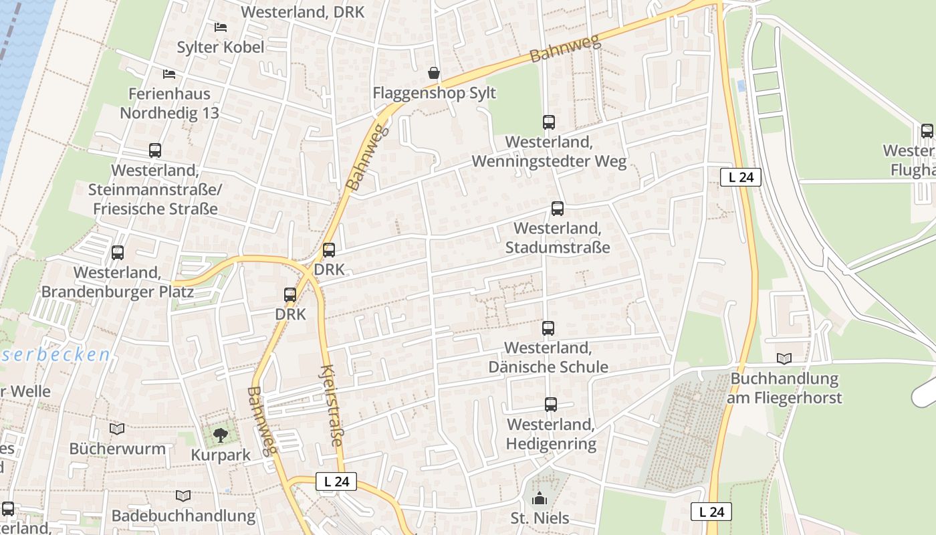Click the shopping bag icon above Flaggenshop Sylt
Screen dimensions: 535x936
click(x=434, y=72)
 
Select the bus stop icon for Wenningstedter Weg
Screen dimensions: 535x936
click(x=549, y=122)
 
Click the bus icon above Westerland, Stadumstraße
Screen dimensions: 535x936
click(x=557, y=209)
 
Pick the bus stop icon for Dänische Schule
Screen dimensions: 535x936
click(x=548, y=328)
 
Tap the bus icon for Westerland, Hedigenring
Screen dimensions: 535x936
click(x=550, y=405)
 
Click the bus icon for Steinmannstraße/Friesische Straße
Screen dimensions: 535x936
click(x=155, y=150)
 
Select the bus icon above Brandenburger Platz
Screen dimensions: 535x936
click(x=118, y=253)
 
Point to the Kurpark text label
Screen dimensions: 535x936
click(x=221, y=455)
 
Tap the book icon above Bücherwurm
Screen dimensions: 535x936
click(x=117, y=429)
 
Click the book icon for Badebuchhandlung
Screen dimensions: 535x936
click(x=183, y=496)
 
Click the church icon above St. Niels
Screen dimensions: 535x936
click(x=540, y=498)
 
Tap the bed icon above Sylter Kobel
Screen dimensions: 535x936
click(x=220, y=27)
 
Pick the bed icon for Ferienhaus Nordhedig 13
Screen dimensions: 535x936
click(x=169, y=74)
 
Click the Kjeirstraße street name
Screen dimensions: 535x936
click(x=331, y=405)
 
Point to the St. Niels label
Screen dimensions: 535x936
click(x=540, y=518)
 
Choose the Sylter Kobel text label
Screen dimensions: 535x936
click(x=220, y=47)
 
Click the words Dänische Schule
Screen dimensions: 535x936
click(x=548, y=367)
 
